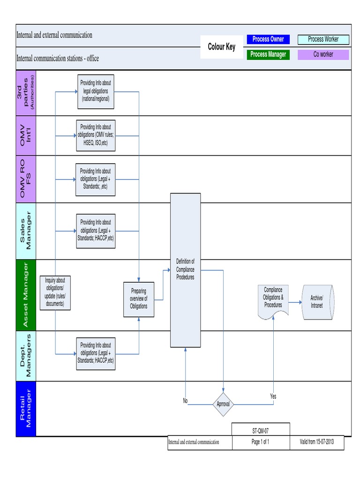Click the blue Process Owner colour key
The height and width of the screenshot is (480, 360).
(268, 39)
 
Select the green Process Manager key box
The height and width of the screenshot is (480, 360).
(268, 54)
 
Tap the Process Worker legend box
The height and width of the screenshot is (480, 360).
(323, 39)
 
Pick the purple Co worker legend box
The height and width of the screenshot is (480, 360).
(323, 54)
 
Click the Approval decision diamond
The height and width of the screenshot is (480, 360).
(223, 404)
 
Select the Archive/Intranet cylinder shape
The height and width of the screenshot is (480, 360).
(318, 302)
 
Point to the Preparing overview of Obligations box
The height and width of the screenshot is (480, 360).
(139, 299)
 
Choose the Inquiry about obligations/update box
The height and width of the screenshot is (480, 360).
(55, 292)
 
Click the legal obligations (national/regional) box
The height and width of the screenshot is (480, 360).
(96, 91)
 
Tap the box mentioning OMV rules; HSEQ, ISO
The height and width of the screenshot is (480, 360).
(96, 135)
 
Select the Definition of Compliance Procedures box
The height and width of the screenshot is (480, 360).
(185, 270)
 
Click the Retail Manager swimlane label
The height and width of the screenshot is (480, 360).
(26, 408)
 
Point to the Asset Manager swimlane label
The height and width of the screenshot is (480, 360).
(26, 295)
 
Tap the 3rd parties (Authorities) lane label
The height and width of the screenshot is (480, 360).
(26, 93)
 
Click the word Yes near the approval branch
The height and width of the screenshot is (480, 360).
(273, 397)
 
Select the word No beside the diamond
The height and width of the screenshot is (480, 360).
(185, 401)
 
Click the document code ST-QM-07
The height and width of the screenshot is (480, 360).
(261, 429)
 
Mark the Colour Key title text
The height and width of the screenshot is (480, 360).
(222, 47)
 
